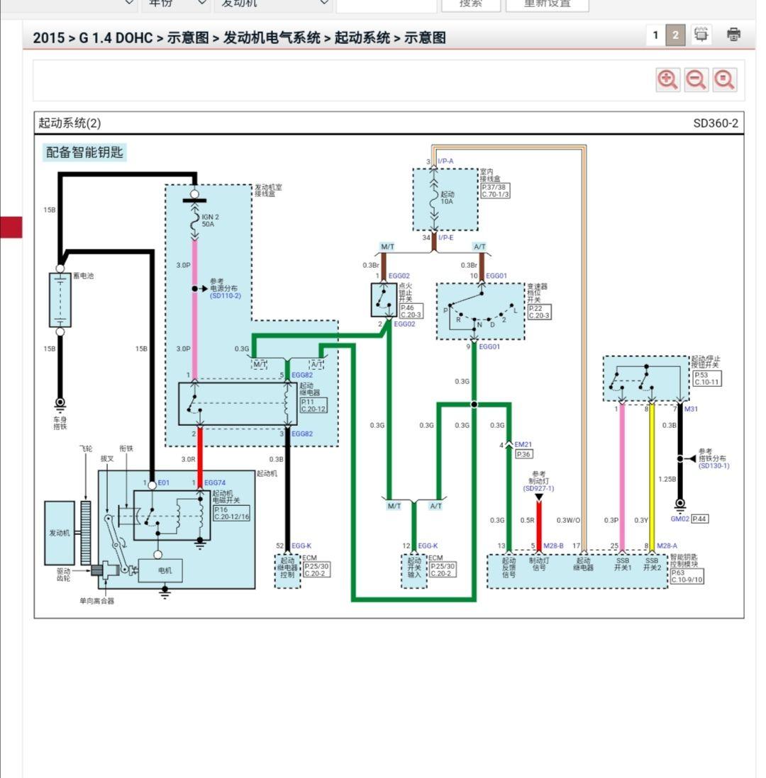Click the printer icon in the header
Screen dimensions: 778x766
click(734, 34)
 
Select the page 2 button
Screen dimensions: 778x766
click(676, 35)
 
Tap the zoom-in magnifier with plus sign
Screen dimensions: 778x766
click(667, 80)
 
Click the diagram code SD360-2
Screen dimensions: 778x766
click(715, 123)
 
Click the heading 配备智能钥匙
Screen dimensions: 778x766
click(84, 152)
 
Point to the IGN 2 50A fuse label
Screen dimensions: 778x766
click(210, 220)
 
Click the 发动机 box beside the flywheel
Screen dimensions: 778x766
click(60, 533)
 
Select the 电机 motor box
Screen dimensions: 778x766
click(165, 570)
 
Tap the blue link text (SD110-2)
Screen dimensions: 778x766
click(226, 295)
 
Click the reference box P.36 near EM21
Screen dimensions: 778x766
click(523, 454)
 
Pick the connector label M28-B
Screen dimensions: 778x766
click(553, 546)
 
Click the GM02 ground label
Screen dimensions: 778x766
click(679, 519)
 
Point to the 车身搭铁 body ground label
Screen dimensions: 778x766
click(60, 423)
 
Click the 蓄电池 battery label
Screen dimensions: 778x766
click(83, 276)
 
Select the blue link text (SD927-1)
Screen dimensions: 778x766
click(538, 488)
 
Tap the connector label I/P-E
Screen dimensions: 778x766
click(445, 237)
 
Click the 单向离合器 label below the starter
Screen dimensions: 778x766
click(96, 601)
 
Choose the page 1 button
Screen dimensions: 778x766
click(655, 35)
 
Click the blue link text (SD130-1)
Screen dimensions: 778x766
click(714, 466)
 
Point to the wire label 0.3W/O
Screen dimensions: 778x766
click(568, 520)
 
